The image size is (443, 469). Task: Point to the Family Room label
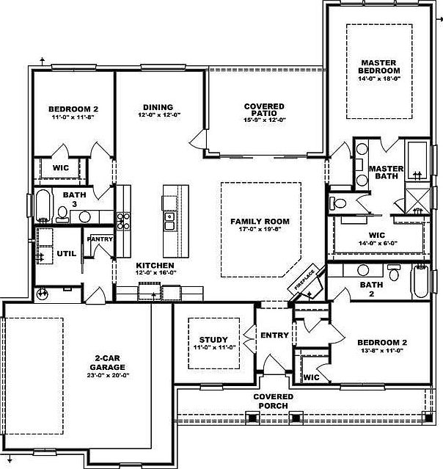[260, 222]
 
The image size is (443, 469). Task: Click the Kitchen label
[154, 265]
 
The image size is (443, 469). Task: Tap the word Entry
[274, 335]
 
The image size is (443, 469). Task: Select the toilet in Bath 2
[395, 275]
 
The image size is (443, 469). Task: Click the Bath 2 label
[368, 290]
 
